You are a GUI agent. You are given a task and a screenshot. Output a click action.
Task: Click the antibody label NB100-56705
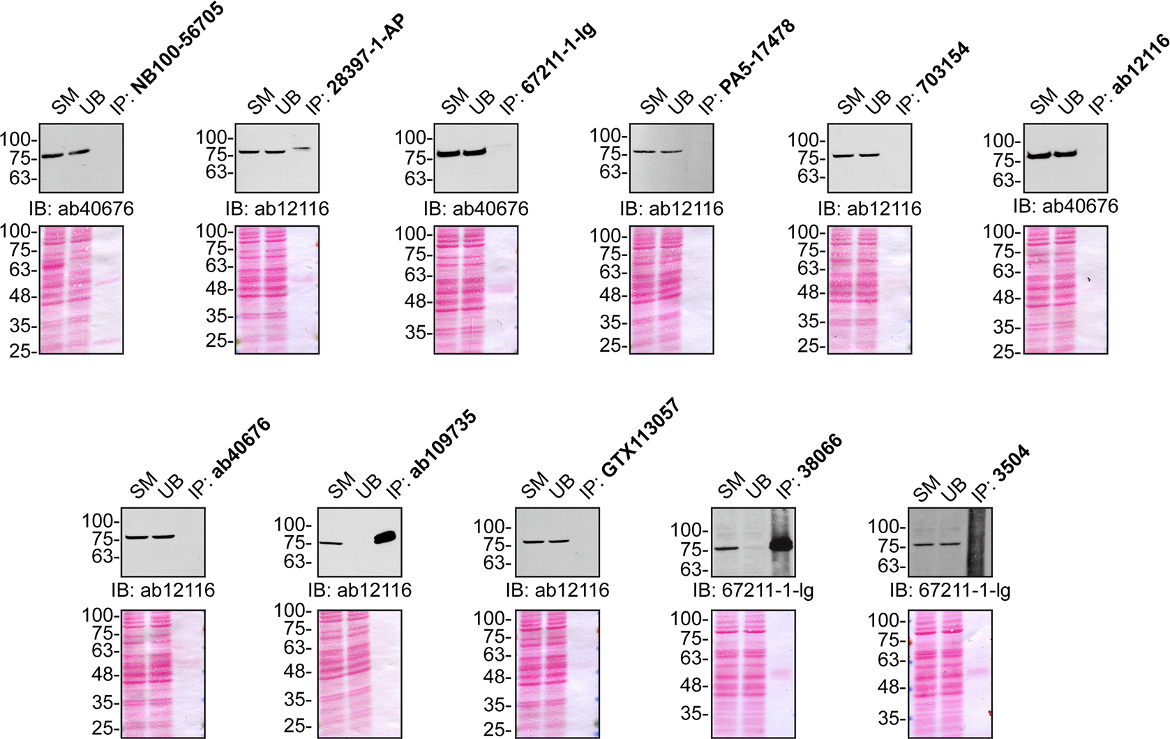179,47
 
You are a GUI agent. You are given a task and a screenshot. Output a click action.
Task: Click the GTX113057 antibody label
640,438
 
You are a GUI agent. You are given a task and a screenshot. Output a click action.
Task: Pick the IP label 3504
1012,463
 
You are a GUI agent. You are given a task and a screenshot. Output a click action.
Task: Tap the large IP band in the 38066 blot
781,544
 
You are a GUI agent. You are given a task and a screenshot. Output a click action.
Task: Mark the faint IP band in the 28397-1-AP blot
301,148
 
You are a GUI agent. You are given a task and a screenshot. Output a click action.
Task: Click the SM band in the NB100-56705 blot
52,155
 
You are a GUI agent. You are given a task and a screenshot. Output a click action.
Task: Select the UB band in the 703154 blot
869,154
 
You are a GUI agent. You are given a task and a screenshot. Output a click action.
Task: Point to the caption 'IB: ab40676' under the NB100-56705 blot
81,209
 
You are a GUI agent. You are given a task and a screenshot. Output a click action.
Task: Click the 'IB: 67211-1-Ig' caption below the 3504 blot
950,590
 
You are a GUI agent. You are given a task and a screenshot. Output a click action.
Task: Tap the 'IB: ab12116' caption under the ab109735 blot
359,590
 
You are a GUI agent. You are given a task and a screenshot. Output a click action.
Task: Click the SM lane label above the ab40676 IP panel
143,486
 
